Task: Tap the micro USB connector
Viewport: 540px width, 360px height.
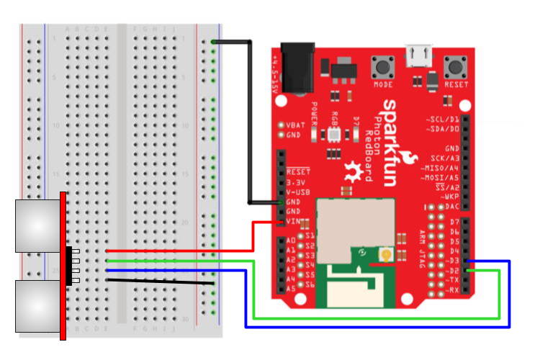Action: point(418,53)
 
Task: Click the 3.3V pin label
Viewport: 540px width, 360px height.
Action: point(297,183)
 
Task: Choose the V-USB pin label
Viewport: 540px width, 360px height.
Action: point(298,192)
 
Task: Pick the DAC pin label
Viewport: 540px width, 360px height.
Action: point(452,206)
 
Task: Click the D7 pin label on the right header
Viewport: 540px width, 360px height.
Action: point(454,223)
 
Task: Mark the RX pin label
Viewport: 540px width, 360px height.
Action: point(453,289)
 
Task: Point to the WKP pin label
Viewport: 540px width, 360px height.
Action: point(451,196)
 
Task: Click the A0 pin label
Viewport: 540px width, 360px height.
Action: point(291,240)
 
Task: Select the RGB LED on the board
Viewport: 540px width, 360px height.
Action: point(333,134)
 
